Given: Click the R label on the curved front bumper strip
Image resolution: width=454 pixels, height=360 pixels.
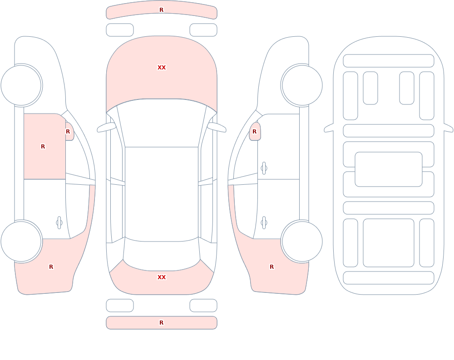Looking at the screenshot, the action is pos(161,10).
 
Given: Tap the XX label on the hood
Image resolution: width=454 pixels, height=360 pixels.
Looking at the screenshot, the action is pos(162,68).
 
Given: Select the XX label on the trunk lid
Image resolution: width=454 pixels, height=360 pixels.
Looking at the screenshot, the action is pos(162,277).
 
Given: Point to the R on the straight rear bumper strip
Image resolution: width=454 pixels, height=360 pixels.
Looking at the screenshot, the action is pos(161,323).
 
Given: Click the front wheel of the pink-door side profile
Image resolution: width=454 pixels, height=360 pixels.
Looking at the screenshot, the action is pos(22,85).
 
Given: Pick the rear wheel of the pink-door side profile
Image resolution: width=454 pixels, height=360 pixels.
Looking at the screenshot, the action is pos(22,241).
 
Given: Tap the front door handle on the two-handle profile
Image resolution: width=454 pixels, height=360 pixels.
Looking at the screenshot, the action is pos(264,168).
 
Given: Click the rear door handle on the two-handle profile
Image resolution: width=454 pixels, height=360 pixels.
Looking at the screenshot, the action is pos(264,223).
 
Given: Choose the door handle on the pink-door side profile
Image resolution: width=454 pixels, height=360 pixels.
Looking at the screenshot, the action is pos(59,223).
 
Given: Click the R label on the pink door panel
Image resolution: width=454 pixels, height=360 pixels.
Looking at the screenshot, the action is pos(43,147).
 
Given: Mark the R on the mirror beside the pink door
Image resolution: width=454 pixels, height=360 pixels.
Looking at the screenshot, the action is pos(68,132).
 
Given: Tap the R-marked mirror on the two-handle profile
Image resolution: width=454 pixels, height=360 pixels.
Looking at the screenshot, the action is pos(255,132).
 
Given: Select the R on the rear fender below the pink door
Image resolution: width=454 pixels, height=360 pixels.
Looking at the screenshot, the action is pos(51,267).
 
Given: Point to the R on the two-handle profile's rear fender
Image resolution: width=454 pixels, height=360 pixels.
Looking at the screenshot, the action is pos(271,267).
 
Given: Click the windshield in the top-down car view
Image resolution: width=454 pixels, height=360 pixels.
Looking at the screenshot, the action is pos(162,123).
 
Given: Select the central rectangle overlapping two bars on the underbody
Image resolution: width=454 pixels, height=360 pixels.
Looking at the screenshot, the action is pos(389,169).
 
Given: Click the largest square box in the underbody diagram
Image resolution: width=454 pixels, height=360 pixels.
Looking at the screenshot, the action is pos(389,243).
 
